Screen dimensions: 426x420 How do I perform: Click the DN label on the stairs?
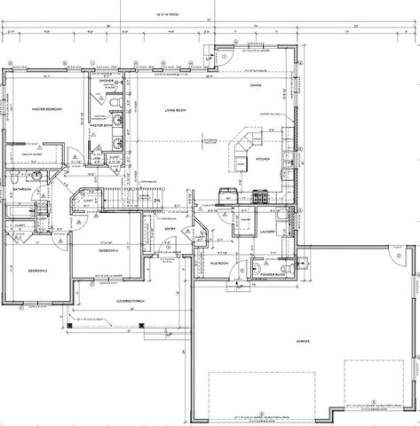tap(156, 201)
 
